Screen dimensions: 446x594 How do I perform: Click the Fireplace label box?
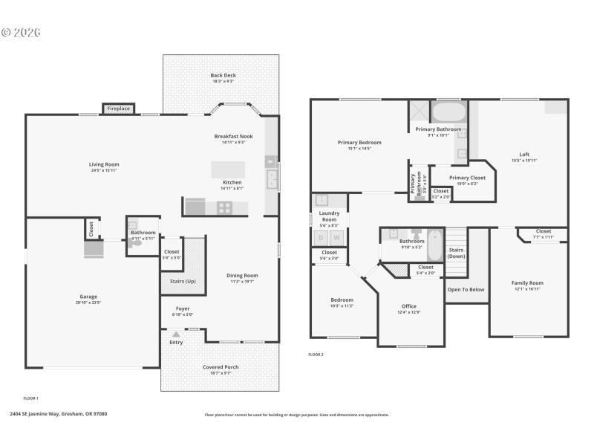pos(118,109)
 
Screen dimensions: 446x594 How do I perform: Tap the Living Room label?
pos(104,165)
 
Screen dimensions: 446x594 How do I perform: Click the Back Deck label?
pos(223,76)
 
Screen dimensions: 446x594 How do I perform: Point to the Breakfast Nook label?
pos(233,137)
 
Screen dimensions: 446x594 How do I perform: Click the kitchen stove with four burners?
pos(223,207)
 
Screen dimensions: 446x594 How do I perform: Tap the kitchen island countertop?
pos(228,169)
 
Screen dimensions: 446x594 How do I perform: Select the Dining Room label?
pos(242,276)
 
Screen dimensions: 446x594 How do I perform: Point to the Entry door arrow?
pos(176,334)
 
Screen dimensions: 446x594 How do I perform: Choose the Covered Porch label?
pos(221,367)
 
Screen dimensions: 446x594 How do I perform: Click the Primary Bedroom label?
pos(359,143)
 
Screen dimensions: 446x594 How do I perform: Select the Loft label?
pos(524,155)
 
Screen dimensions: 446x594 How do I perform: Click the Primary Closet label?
pos(467,178)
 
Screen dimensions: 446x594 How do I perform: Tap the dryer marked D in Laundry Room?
pos(321,237)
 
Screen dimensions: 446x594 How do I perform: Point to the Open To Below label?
pos(466,290)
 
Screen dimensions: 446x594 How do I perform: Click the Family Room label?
pos(527,283)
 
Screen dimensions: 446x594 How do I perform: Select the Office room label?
pos(408,306)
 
